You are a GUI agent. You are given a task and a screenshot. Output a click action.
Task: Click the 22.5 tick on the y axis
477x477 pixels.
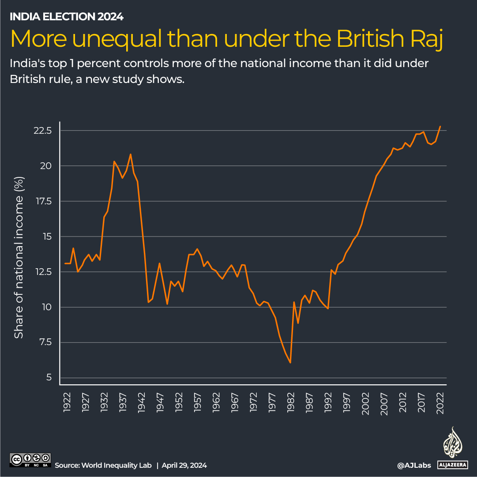[43, 131]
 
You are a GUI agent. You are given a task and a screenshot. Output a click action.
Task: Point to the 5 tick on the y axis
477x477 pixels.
[49, 378]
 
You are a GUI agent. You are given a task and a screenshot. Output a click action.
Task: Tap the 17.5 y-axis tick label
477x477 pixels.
[43, 201]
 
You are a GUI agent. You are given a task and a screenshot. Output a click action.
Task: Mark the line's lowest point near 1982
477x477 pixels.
[290, 363]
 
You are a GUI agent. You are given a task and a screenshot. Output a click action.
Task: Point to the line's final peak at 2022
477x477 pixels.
[440, 126]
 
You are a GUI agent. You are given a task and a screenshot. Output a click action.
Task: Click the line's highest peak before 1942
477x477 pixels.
[131, 154]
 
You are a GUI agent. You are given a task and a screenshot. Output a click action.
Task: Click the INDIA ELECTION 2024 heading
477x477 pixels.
[66, 17]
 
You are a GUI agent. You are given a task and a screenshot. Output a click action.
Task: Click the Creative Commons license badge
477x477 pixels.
[30, 460]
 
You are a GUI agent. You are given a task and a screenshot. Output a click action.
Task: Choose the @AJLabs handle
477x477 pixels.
[414, 465]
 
